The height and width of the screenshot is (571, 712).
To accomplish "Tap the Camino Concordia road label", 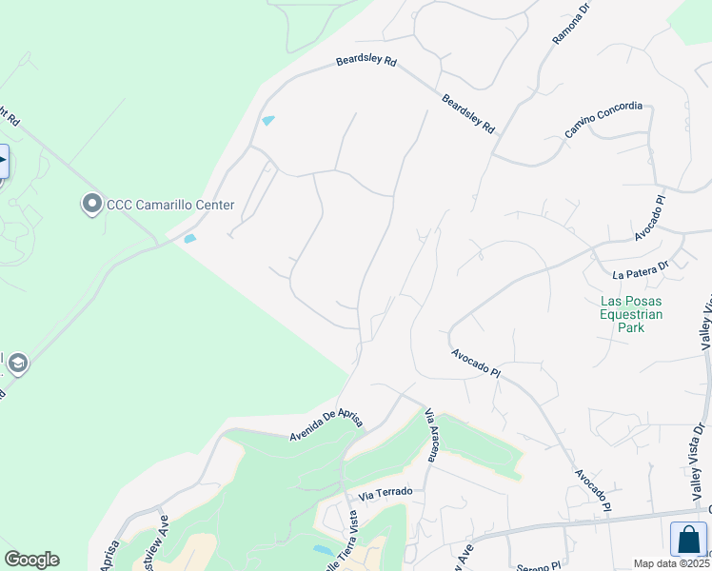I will pos(603,120).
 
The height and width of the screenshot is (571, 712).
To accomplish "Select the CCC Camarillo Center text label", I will pos(170,206).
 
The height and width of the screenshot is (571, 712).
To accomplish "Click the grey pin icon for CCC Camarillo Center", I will pos(91,205).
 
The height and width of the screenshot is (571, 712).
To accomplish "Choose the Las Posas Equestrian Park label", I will pos(631,314).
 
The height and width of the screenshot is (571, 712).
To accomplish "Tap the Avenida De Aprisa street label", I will pos(327,424).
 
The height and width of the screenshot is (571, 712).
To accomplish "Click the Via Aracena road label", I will pos(430,436).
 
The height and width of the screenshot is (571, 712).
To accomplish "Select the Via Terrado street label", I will pos(386,493).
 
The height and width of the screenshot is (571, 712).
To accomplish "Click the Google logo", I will pos(31,560).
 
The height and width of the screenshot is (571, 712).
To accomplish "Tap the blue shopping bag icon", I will pos(688,540).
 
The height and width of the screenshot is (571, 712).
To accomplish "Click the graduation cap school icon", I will pos(16,363).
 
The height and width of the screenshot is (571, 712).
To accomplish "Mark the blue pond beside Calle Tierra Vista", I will pos(324,550).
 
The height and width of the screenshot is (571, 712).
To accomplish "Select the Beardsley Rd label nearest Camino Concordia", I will pos(468,113).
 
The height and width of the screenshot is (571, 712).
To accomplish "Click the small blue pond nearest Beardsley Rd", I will pos(268,121).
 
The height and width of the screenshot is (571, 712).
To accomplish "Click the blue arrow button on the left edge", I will pos(3,161).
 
